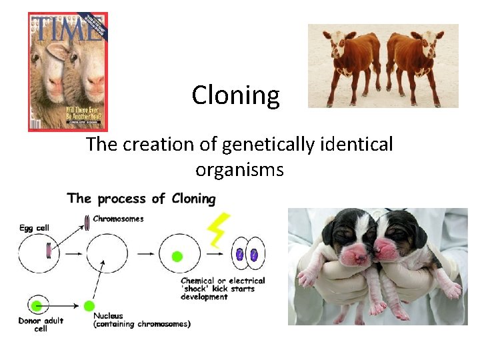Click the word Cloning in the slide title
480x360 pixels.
click(x=236, y=95)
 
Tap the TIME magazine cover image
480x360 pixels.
click(x=67, y=72)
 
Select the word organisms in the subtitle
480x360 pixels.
click(x=239, y=169)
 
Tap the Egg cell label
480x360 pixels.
click(x=34, y=228)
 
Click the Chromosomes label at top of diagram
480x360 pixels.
click(x=118, y=219)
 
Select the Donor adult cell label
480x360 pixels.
click(x=41, y=325)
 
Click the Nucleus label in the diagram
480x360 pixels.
click(x=108, y=316)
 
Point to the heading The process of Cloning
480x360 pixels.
click(x=141, y=199)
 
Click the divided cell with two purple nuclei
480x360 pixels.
click(x=247, y=255)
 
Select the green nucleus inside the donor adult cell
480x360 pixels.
click(x=37, y=305)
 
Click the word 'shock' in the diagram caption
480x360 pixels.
click(x=197, y=289)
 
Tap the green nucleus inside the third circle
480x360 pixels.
click(x=177, y=256)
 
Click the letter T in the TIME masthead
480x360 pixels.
click(x=41, y=29)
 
